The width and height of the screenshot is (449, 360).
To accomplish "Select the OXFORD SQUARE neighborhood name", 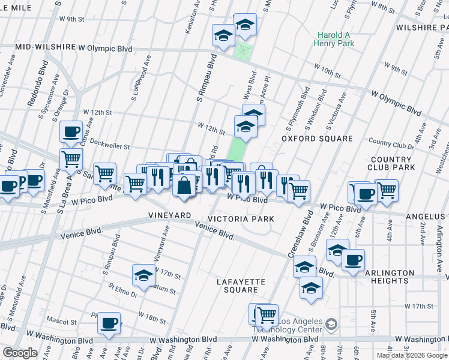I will point(318,139).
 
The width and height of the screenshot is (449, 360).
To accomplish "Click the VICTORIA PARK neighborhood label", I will point(241,219).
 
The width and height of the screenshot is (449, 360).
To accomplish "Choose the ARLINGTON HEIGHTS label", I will point(390,277).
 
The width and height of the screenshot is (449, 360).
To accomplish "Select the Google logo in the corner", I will point(19,353).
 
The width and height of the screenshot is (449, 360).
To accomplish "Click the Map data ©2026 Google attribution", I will point(412,355).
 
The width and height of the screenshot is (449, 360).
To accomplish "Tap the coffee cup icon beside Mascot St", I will point(109,323).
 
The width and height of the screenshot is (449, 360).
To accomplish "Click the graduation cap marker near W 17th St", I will point(143,275).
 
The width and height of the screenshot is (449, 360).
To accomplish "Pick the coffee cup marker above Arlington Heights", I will point(354,259).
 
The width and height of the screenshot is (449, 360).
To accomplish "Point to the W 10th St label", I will point(328,71).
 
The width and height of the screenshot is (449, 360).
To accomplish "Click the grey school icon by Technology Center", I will point(331,325).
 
